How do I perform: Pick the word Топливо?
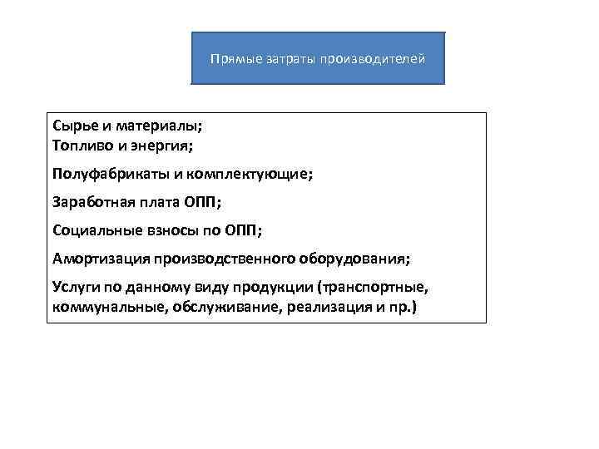(x=81, y=146)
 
